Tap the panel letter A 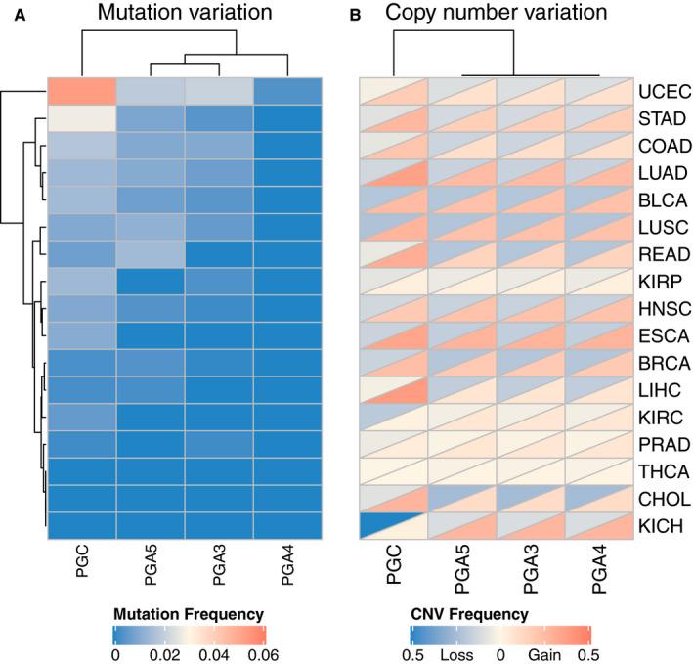(9, 15)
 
